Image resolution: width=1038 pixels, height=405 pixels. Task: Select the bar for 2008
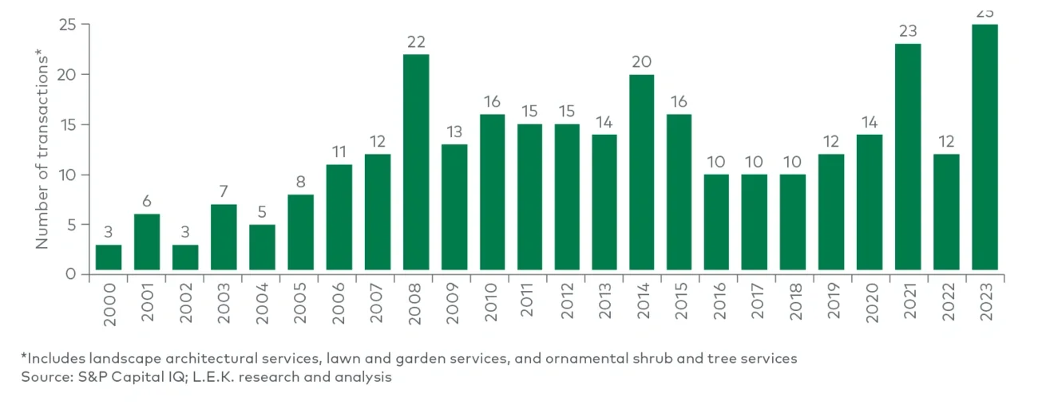(x=416, y=164)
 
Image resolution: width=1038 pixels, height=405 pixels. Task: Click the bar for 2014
(x=642, y=175)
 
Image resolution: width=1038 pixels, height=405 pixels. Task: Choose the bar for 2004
(x=262, y=250)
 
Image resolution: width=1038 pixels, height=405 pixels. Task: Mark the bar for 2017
(x=755, y=224)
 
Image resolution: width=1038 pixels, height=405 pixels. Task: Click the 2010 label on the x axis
(x=491, y=301)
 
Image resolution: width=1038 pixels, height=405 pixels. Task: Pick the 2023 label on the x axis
(x=985, y=301)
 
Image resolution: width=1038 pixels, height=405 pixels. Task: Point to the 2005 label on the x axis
(x=300, y=301)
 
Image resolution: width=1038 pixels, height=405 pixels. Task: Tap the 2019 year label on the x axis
(x=832, y=301)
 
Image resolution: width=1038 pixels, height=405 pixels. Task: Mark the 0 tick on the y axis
(x=72, y=274)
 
